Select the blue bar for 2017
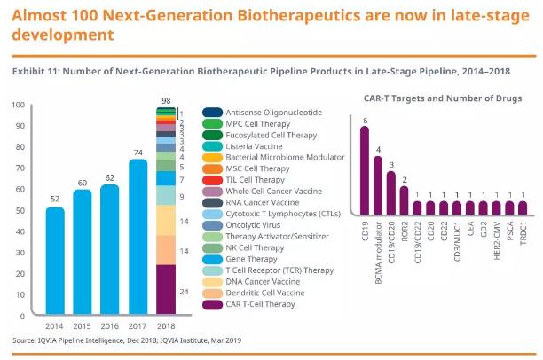click(x=137, y=236)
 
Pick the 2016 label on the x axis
click(x=109, y=325)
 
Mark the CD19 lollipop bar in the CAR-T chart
click(x=364, y=172)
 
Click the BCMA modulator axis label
click(x=379, y=245)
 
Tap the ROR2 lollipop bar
click(x=405, y=196)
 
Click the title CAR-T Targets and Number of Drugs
click(x=442, y=97)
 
